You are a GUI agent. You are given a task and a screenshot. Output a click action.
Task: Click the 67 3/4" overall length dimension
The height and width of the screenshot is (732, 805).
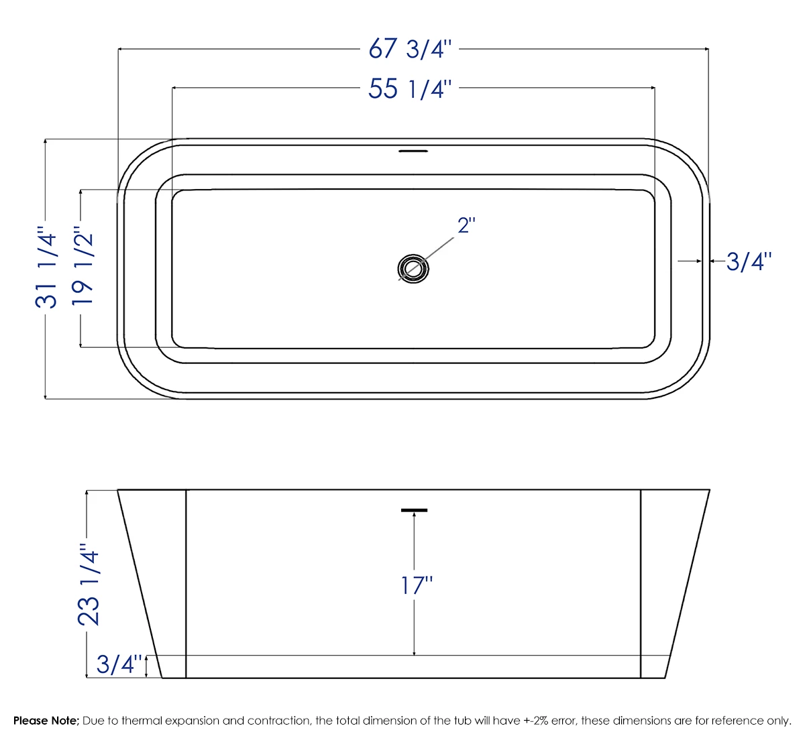411,49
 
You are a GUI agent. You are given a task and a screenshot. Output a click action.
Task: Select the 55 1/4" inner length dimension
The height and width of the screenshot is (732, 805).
410,88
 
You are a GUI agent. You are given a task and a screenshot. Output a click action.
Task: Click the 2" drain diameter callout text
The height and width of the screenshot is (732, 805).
466,226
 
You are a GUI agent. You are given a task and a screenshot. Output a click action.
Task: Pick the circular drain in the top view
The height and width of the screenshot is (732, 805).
413,268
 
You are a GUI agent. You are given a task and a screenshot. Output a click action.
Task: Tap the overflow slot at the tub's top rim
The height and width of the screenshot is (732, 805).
413,151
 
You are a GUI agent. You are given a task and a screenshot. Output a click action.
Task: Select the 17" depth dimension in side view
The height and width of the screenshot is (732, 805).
417,585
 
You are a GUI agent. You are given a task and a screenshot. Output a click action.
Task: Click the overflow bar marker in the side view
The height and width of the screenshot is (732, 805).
414,511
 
